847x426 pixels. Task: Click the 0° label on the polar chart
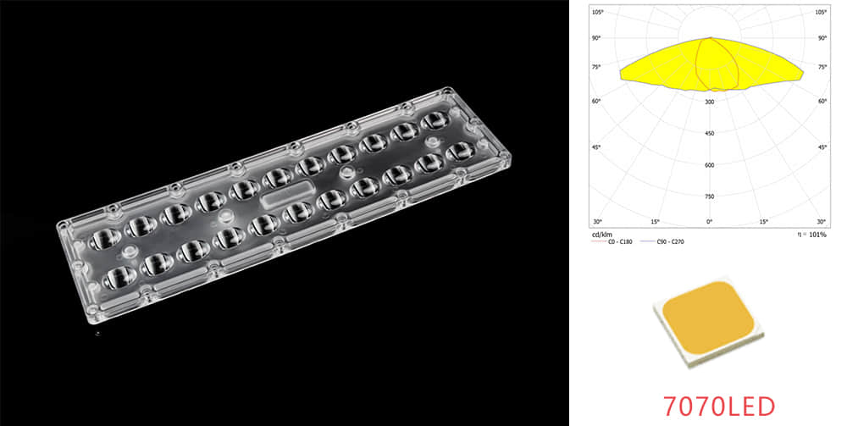pos(709,222)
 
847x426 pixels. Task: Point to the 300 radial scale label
pos(710,102)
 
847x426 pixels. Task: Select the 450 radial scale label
pos(710,133)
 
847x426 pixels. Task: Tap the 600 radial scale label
pos(710,165)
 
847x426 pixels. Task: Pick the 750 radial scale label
pos(710,196)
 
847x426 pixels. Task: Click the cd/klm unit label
pos(601,233)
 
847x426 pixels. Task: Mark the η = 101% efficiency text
pos(810,233)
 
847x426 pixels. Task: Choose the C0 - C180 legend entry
pos(618,241)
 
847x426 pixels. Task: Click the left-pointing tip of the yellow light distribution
pos(621,73)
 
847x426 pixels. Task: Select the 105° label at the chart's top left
pos(596,12)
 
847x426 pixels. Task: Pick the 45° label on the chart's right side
pos(822,147)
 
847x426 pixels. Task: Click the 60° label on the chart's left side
pos(596,102)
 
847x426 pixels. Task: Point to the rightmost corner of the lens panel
pos(514,159)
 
